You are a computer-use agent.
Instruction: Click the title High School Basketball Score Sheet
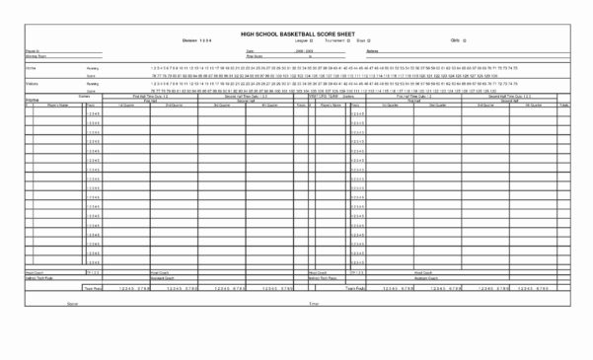point(296,34)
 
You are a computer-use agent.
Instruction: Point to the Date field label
point(250,49)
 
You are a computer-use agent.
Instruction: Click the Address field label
point(373,49)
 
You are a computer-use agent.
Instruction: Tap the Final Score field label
point(254,56)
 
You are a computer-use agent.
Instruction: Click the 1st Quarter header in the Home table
point(125,104)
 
